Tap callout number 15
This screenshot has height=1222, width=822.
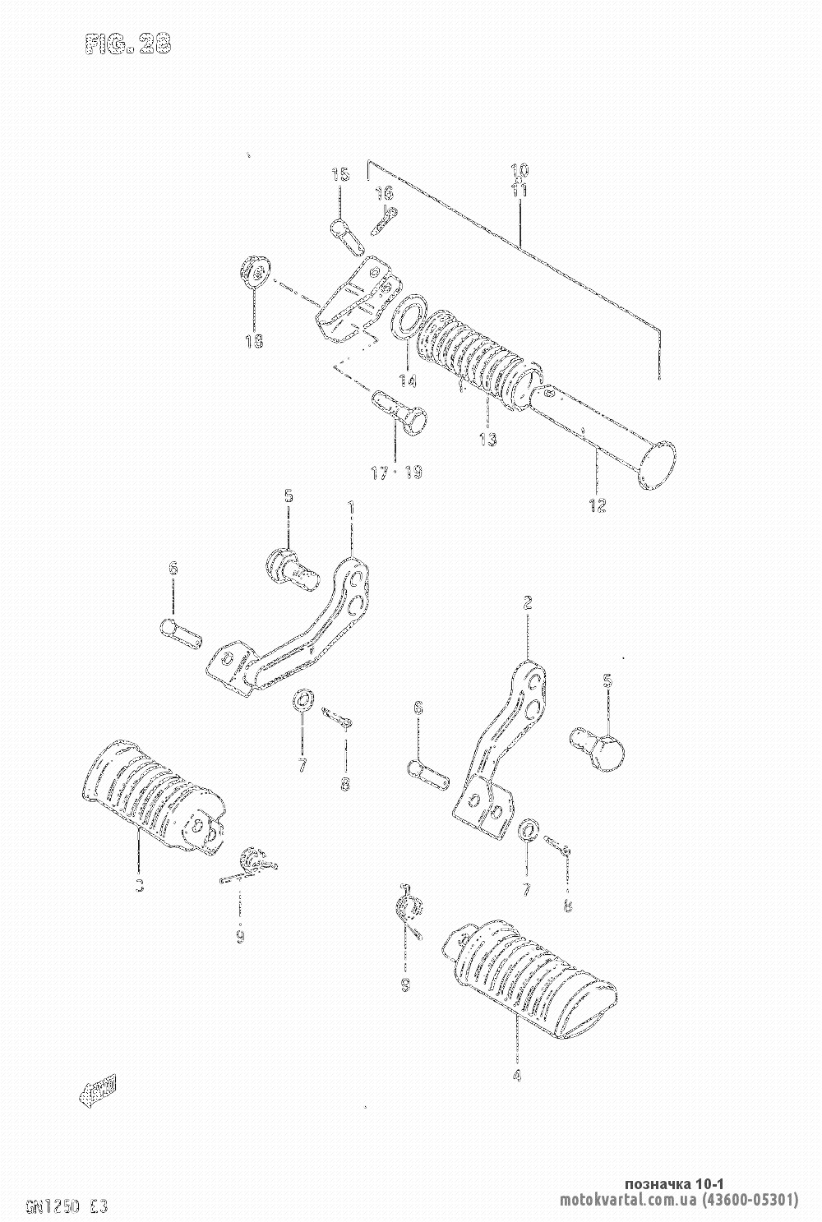tap(340, 174)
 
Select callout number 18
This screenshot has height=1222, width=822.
tap(254, 342)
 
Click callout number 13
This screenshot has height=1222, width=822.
tap(487, 439)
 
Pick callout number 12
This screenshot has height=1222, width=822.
tap(598, 505)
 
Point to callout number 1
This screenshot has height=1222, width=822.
tap(351, 507)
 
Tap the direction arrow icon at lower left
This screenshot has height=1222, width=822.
tap(98, 1090)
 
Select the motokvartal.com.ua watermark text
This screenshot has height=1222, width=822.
tap(678, 1200)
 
